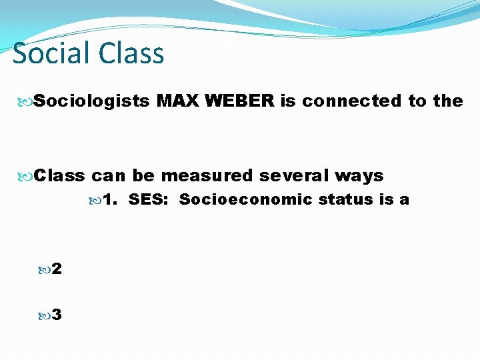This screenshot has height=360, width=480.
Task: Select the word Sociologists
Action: pyautogui.click(x=92, y=101)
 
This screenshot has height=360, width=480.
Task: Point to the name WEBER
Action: pyautogui.click(x=240, y=101)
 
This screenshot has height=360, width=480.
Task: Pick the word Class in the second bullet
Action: pyautogui.click(x=60, y=176)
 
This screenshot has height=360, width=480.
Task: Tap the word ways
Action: pyautogui.click(x=359, y=176)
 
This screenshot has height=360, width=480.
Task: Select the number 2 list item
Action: pyautogui.click(x=57, y=269)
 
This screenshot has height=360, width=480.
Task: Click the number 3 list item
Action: pyautogui.click(x=57, y=315)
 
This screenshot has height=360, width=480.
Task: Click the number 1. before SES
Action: pyautogui.click(x=111, y=199)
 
